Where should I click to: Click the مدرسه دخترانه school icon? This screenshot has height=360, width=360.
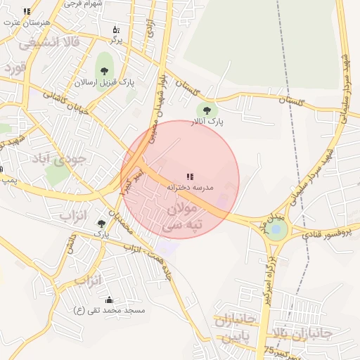pyautogui.click(x=190, y=176)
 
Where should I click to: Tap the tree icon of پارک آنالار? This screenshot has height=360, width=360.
pyautogui.click(x=207, y=109)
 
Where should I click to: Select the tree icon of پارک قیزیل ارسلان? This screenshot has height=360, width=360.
pyautogui.click(x=105, y=70)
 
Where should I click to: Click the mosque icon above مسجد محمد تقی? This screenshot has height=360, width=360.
pyautogui.click(x=108, y=300)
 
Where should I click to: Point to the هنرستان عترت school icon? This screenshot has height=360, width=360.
pyautogui.click(x=27, y=12)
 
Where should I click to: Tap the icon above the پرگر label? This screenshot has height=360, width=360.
pyautogui.click(x=116, y=30)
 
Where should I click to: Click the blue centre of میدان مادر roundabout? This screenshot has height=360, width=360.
pyautogui.click(x=276, y=229)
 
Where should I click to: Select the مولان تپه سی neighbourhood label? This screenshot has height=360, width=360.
pyautogui.click(x=182, y=218)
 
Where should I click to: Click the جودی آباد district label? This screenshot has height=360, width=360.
pyautogui.click(x=59, y=159)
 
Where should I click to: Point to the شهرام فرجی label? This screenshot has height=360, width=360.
pyautogui.click(x=84, y=4)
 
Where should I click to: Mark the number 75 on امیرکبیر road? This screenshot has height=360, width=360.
pyautogui.click(x=269, y=349)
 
